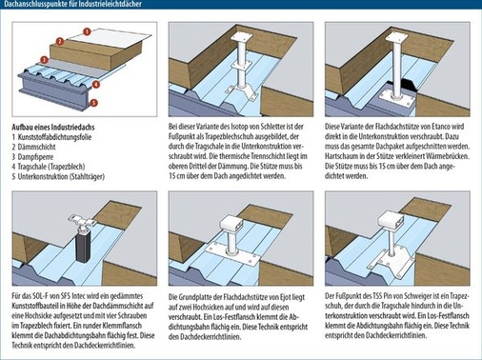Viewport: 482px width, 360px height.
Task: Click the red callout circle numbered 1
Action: (87, 31)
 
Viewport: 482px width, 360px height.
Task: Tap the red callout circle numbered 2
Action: (60, 41)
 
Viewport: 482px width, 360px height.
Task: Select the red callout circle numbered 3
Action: (44, 60)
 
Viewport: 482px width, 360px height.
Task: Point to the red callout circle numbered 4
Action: (96, 85)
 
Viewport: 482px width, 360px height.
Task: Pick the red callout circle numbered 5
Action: (93, 103)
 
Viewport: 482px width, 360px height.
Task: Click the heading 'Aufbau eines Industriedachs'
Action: (53, 128)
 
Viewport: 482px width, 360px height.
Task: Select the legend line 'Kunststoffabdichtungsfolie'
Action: (54, 137)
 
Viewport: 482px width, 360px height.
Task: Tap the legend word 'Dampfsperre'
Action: (35, 157)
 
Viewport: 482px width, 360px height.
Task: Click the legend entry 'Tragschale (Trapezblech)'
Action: (51, 167)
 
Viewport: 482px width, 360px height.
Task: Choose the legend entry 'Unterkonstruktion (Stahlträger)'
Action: (61, 176)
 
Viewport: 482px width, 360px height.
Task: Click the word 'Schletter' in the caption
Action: (272, 127)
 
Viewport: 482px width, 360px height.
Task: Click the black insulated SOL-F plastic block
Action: (83, 245)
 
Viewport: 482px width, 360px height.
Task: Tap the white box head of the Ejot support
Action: (231, 223)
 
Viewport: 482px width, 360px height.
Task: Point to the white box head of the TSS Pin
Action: (392, 219)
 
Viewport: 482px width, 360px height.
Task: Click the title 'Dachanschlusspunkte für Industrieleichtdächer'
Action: (73, 4)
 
